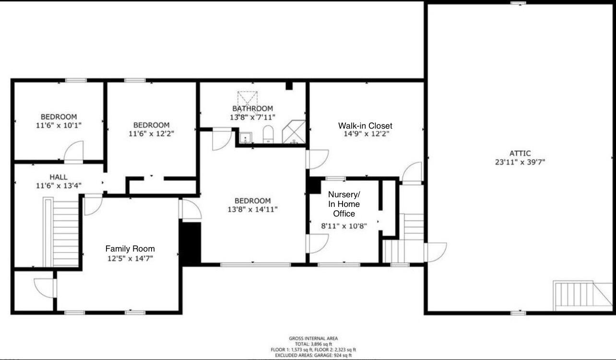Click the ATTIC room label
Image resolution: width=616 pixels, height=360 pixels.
click(520, 153)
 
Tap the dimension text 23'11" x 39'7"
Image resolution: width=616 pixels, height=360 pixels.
click(520, 162)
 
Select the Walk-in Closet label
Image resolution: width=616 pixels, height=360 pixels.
click(365, 126)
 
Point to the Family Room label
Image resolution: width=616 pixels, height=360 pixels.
click(130, 249)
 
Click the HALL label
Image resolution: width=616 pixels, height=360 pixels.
click(59, 177)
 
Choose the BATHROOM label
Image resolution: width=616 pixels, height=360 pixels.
click(252, 108)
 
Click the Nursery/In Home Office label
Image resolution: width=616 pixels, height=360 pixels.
click(344, 204)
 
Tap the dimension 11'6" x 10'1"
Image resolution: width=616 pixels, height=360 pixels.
click(59, 125)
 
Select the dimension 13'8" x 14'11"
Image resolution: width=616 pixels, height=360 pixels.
click(252, 209)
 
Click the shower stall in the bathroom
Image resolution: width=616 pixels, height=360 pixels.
click(293, 132)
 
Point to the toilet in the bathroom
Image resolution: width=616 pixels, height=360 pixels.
click(268, 134)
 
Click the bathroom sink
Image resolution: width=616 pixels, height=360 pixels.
click(246, 138)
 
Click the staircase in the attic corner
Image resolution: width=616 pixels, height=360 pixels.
click(575, 295)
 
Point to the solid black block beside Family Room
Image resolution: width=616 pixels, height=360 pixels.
click(190, 242)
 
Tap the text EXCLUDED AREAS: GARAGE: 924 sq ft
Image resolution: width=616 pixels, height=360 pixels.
click(313, 355)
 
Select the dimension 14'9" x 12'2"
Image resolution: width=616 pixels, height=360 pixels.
click(365, 134)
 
